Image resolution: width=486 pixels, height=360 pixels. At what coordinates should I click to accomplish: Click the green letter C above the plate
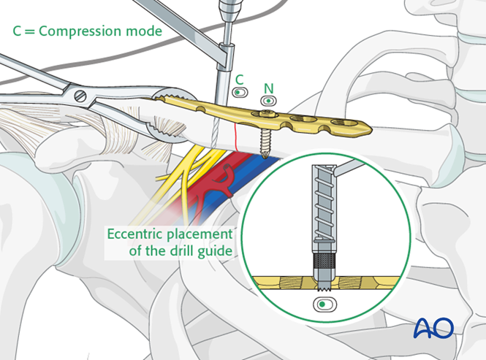click(239, 80)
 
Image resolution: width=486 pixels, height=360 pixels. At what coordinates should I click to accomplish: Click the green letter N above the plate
click(269, 88)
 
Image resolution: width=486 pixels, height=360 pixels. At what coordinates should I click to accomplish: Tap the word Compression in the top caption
click(79, 31)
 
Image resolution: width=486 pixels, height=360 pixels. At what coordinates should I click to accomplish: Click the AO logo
click(433, 328)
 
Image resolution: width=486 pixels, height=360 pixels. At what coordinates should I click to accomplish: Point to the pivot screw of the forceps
click(80, 96)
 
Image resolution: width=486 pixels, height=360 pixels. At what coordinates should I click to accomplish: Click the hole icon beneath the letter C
click(240, 93)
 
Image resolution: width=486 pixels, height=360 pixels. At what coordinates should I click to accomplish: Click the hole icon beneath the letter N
click(268, 101)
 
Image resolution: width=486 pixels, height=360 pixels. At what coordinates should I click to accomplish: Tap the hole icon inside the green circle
click(324, 305)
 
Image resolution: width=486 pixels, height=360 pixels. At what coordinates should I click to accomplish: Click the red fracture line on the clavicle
click(236, 137)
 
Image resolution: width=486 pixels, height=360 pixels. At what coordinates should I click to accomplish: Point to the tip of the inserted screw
click(265, 156)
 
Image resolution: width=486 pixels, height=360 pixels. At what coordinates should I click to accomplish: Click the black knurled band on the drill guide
click(324, 261)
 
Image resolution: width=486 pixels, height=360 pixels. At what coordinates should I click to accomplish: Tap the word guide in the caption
click(215, 251)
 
